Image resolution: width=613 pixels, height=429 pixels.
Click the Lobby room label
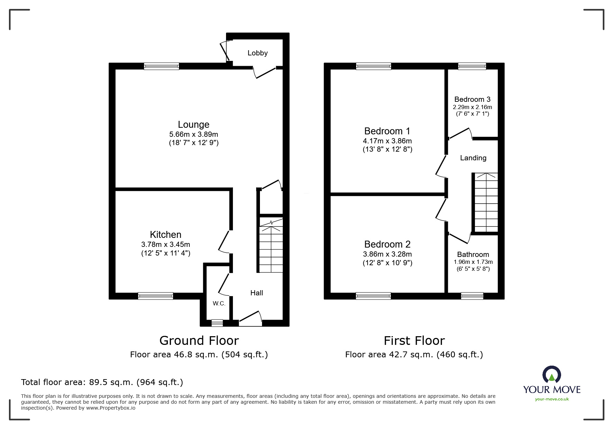[258, 53]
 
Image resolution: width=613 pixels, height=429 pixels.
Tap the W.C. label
[219, 304]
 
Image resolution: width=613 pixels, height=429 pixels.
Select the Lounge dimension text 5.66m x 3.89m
[193, 134]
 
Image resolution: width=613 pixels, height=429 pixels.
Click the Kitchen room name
[165, 234]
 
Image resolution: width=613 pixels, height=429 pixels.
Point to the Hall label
[256, 293]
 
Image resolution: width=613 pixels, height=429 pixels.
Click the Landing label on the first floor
[473, 158]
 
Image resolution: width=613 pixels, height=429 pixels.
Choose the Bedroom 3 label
[472, 99]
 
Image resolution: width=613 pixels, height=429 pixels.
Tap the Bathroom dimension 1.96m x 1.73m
[473, 262]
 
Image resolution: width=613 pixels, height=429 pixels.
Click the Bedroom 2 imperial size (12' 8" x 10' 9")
[387, 263]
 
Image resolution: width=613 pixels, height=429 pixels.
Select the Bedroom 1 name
[387, 131]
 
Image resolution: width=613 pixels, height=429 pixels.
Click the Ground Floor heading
[199, 341]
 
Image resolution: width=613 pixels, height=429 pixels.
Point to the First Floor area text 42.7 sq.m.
[414, 355]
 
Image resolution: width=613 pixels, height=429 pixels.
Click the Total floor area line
[102, 382]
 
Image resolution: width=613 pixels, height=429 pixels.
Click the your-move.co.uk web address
[552, 399]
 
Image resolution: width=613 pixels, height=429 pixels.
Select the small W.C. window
[217, 323]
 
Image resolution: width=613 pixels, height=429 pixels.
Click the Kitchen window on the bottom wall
[155, 296]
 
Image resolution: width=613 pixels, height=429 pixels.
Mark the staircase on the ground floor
[271, 246]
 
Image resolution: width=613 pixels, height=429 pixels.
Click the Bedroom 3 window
[472, 66]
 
